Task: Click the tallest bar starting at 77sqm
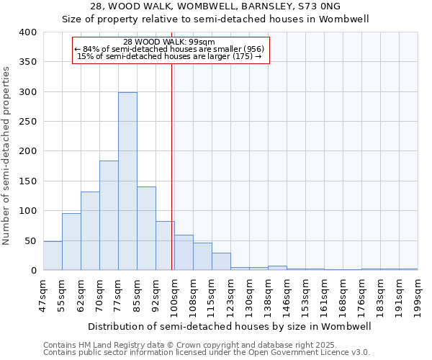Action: tap(127, 181)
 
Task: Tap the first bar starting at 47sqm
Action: tap(53, 256)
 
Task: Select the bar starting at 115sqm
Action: tap(221, 261)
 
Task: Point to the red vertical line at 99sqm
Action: tap(171, 166)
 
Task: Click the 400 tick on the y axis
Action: tap(27, 32)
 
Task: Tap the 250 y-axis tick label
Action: tap(27, 122)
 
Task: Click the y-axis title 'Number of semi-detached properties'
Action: tap(6, 155)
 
